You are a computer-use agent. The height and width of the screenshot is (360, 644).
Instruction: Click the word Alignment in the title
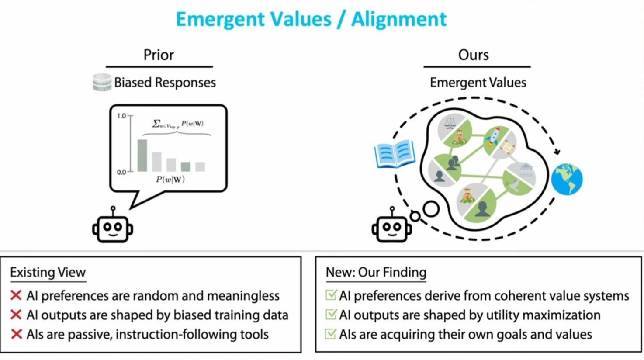(x=399, y=19)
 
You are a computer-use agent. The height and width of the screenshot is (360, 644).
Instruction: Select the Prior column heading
(x=159, y=55)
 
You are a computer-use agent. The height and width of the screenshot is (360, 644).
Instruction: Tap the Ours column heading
(x=473, y=55)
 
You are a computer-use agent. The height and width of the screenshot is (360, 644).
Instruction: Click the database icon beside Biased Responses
(x=102, y=82)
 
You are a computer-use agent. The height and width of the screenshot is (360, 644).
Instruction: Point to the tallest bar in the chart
(x=142, y=155)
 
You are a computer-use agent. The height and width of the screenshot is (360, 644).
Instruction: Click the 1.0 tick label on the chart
(x=121, y=116)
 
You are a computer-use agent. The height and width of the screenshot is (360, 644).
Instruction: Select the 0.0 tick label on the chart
(x=121, y=172)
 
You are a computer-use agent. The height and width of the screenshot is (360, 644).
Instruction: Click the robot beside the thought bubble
(x=391, y=226)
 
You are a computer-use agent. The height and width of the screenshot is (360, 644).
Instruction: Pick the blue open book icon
(x=395, y=154)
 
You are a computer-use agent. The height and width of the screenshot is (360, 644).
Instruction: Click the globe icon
(x=567, y=179)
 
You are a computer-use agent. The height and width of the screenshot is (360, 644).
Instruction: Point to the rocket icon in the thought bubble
(x=494, y=137)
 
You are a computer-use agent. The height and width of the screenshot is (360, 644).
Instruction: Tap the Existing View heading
(x=48, y=272)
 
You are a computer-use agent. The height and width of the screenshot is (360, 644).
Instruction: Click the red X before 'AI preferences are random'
(x=16, y=296)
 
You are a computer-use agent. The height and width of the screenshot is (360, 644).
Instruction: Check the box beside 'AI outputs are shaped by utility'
(x=331, y=315)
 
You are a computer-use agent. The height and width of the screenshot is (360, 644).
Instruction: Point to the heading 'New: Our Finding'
(x=376, y=272)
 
